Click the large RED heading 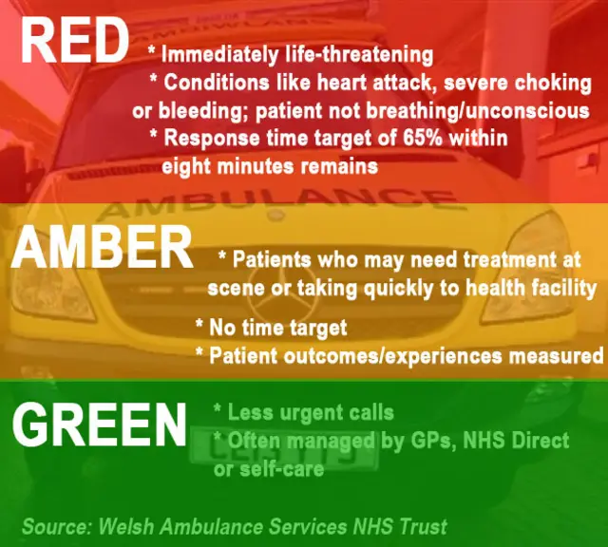[74, 41]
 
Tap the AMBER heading [102, 247]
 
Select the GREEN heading [99, 424]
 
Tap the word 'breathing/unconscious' [478, 111]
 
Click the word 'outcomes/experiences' [392, 356]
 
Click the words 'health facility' [531, 288]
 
